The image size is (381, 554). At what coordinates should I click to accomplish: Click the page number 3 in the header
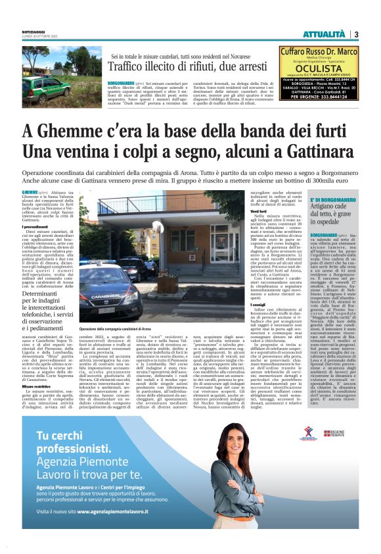pyautogui.click(x=356, y=35)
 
